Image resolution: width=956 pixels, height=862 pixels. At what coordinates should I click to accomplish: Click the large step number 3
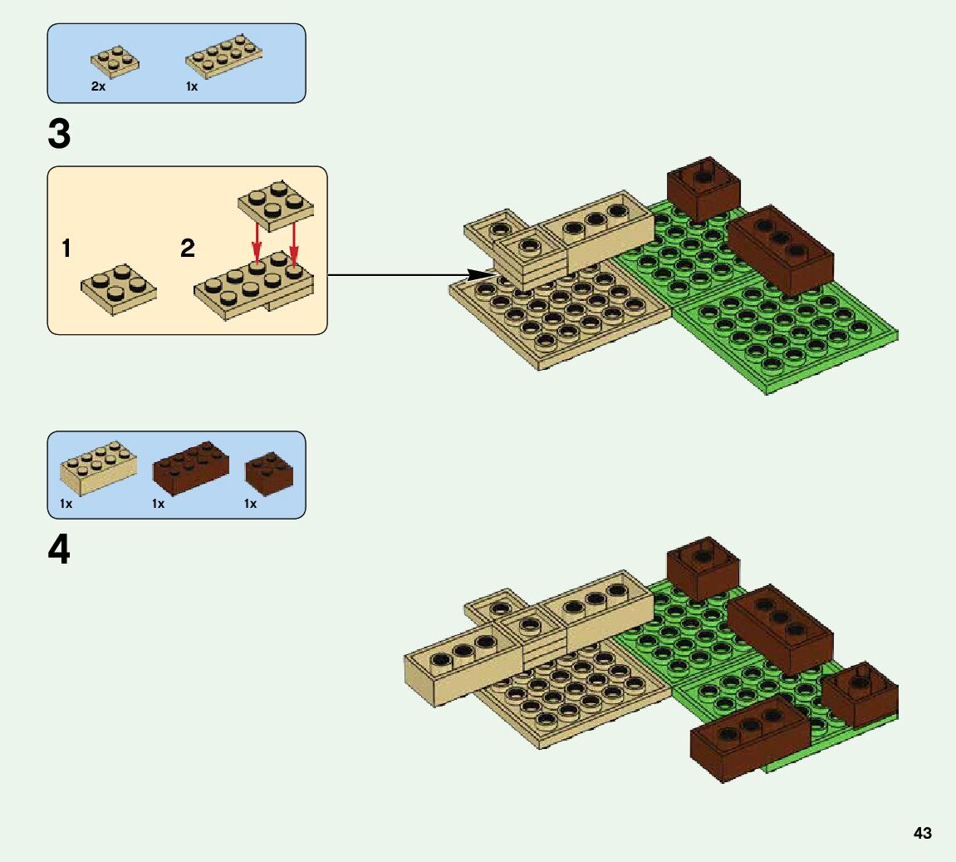[60, 135]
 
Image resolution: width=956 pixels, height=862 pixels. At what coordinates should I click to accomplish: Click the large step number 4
[60, 550]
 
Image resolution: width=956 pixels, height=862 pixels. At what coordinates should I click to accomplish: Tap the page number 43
[922, 834]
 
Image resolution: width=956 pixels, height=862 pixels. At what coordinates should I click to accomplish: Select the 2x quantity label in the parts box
[98, 86]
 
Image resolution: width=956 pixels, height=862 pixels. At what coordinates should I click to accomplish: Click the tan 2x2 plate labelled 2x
[115, 61]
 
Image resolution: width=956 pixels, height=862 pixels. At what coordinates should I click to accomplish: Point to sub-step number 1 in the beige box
[66, 248]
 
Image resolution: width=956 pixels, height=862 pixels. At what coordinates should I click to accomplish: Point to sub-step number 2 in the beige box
[188, 248]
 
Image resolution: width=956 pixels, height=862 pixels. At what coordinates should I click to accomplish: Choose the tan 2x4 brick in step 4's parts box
[98, 468]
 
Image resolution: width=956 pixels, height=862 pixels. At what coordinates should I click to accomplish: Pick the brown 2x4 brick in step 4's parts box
[191, 466]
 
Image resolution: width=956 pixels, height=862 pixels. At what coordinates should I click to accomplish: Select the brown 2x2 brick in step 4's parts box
[269, 470]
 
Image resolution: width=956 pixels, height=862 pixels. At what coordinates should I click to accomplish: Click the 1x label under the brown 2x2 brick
[250, 504]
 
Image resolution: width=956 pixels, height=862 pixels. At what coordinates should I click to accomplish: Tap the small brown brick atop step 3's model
[704, 188]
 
